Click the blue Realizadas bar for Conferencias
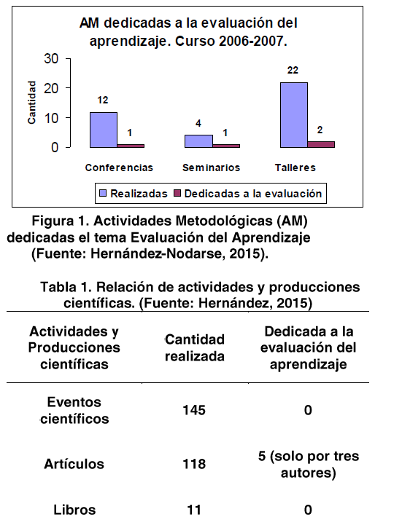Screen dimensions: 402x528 click(x=104, y=130)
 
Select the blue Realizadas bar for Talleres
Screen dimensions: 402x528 click(x=294, y=115)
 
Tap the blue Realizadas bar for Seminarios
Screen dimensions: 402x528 click(x=198, y=141)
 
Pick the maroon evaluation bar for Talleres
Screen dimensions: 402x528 click(x=321, y=144)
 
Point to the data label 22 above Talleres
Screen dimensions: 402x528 click(x=293, y=70)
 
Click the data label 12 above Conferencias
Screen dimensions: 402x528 click(x=103, y=100)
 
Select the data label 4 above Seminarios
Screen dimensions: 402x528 click(x=198, y=123)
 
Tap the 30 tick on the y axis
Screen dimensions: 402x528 click(x=51, y=58)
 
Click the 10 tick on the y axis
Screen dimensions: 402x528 click(x=51, y=118)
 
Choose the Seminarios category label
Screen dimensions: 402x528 click(x=211, y=168)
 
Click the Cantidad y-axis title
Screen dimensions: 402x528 click(x=31, y=103)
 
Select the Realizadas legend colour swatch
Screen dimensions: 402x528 click(x=103, y=193)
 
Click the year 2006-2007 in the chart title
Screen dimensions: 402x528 click(x=250, y=42)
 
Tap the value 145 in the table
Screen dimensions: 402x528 click(x=194, y=410)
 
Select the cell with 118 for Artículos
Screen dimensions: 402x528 click(x=194, y=464)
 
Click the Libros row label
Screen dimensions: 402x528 click(x=74, y=510)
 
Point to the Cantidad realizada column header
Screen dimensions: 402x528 click(x=195, y=348)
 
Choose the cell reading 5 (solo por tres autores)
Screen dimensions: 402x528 click(x=309, y=465)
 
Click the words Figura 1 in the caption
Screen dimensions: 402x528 click(x=61, y=221)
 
